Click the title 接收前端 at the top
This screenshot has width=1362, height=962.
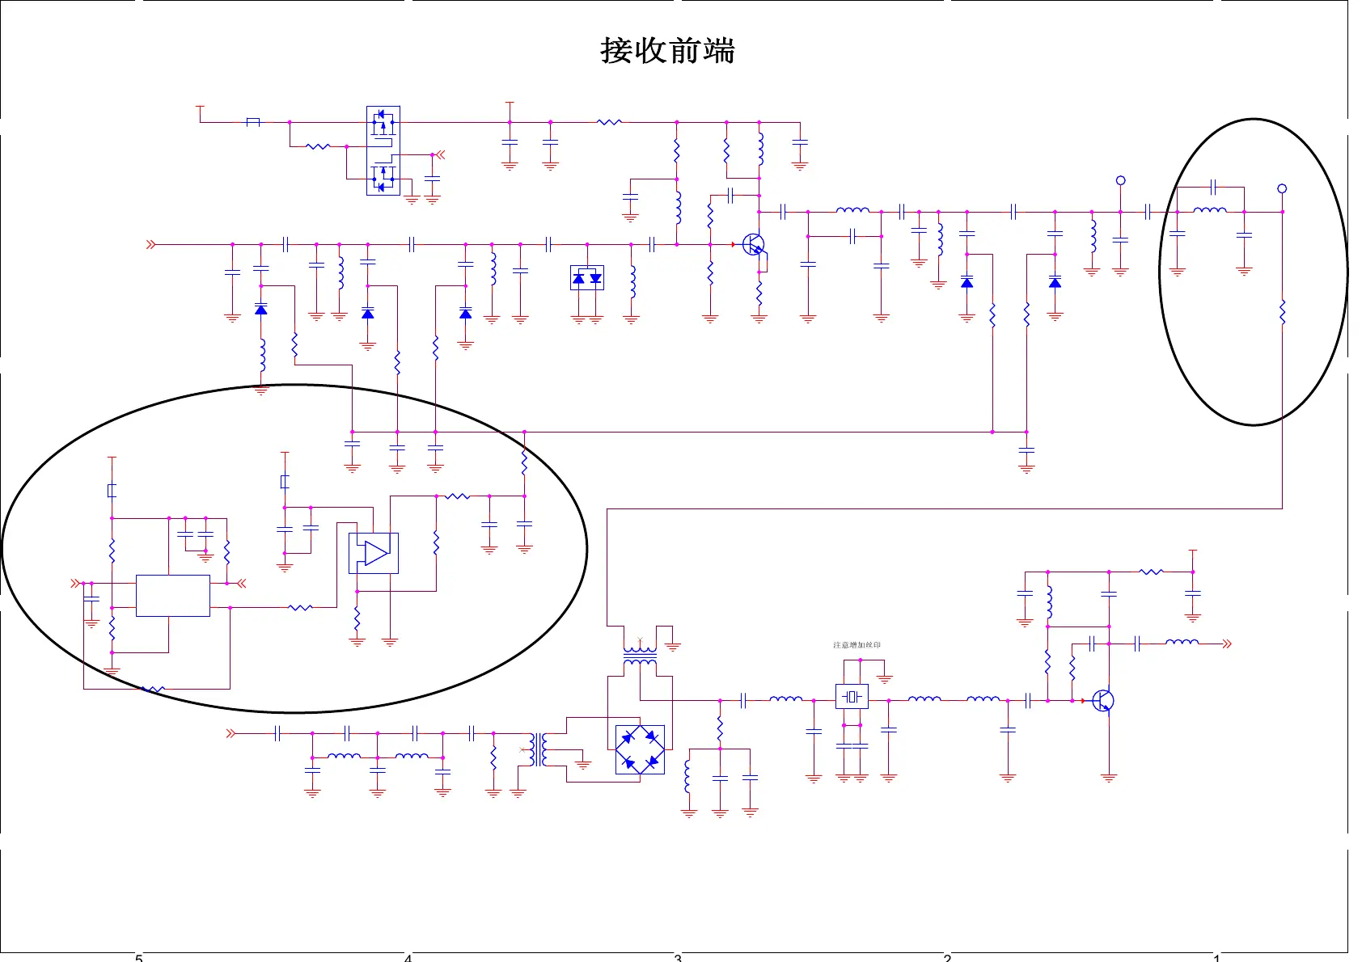(x=667, y=50)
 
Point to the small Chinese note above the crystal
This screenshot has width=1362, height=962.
(x=857, y=645)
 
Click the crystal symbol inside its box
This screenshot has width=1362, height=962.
(x=851, y=696)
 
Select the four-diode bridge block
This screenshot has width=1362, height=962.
(x=640, y=749)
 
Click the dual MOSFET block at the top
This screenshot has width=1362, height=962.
(x=383, y=150)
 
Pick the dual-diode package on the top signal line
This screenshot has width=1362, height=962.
(x=587, y=278)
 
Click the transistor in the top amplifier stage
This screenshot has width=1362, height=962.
(x=754, y=245)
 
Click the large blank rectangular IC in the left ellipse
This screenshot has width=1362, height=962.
(x=173, y=596)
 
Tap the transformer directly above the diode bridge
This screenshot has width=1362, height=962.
(x=640, y=655)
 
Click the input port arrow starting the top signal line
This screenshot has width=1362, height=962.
(x=150, y=244)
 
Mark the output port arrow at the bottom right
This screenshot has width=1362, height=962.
(x=1227, y=643)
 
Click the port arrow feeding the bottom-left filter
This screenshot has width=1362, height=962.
(x=231, y=733)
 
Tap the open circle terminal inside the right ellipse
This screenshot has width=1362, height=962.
(x=1282, y=188)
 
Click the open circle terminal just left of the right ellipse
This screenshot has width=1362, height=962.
(x=1120, y=180)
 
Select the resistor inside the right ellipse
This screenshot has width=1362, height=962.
(x=1282, y=312)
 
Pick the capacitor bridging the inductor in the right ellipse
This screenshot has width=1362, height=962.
(x=1213, y=188)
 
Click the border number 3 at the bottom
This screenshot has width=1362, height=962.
(x=678, y=958)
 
